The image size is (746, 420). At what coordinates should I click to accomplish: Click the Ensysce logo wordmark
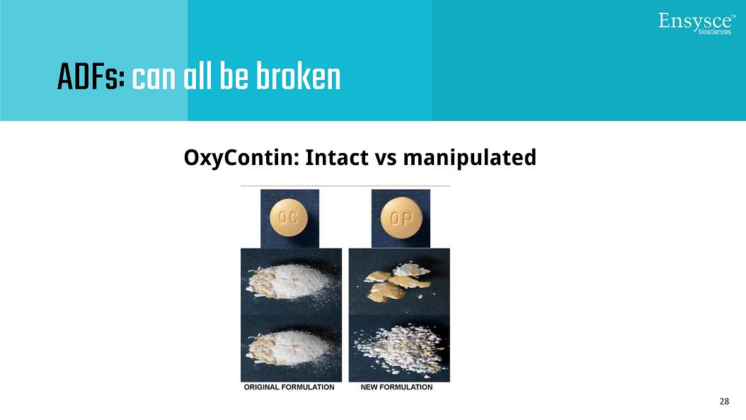point(696,23)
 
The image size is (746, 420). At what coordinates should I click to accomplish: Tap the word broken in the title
point(298,76)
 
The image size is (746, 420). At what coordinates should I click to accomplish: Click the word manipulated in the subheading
point(469,158)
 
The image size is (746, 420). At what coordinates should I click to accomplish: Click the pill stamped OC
point(289,218)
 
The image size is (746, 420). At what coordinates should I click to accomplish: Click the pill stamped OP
point(401,218)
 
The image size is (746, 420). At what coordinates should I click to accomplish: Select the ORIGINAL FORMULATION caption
point(289,387)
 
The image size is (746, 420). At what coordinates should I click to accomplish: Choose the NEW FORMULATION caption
point(397,387)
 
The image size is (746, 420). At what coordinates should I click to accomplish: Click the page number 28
point(724,402)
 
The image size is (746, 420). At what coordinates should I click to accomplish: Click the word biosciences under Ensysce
point(715,32)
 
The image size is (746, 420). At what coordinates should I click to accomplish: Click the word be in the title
point(234,76)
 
